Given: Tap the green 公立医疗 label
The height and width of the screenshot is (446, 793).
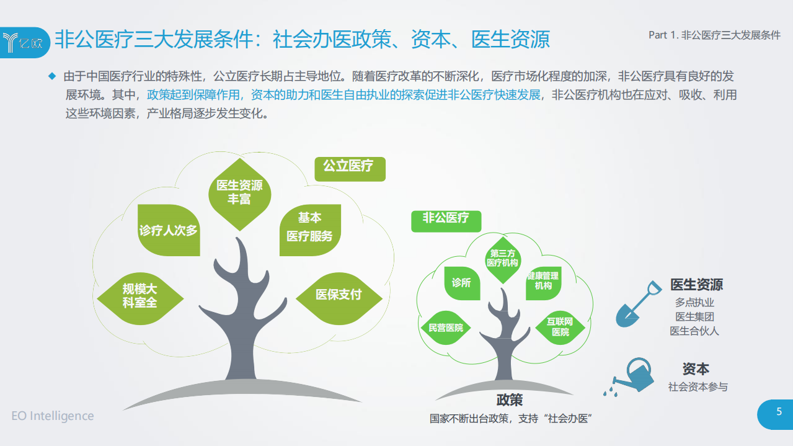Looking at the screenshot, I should (350, 167).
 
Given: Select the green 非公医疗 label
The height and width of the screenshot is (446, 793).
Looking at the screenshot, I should (446, 219).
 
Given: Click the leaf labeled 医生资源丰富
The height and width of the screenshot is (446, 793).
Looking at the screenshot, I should (239, 192).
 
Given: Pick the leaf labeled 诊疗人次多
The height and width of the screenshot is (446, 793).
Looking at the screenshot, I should (169, 230).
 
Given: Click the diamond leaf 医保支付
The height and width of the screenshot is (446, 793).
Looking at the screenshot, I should (339, 295).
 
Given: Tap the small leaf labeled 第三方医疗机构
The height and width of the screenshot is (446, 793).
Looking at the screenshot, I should (503, 258).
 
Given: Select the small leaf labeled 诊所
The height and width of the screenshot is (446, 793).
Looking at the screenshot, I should (461, 283).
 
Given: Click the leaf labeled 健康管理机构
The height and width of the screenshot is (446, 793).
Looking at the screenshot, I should (543, 281).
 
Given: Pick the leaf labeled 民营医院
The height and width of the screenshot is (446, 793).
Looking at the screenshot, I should (446, 328).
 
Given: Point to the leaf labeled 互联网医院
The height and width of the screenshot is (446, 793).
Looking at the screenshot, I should (560, 327).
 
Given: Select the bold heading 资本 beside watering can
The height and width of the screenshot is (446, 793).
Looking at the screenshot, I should (696, 368).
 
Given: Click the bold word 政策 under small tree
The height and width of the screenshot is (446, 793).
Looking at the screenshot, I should (510, 399).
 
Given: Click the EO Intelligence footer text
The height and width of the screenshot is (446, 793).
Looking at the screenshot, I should (53, 416).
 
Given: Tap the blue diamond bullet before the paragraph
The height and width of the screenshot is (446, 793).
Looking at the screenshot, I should (52, 76).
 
